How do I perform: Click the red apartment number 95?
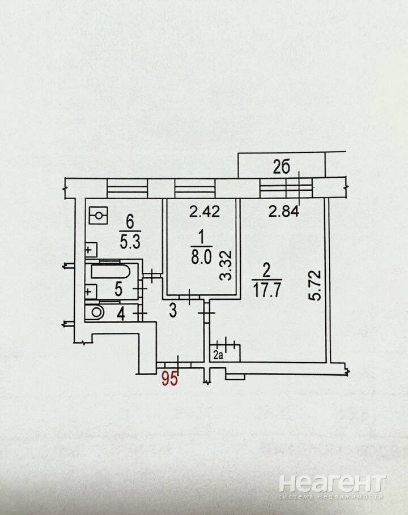(169, 379)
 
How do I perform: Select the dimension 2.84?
(284, 211)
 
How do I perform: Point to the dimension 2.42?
(205, 211)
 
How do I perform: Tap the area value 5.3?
(130, 242)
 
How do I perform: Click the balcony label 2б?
(282, 168)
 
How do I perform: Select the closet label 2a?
(218, 355)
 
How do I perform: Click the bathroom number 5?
(118, 289)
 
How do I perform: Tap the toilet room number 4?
(121, 315)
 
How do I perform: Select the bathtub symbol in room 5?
(110, 272)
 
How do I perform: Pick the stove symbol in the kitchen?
(98, 216)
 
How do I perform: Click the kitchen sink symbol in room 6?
(91, 250)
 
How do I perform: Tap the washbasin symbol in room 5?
(91, 291)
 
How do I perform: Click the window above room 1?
(194, 188)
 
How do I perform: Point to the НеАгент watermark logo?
(331, 484)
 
